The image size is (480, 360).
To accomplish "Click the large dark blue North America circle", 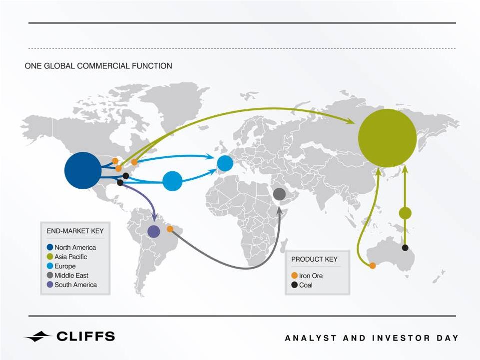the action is coord(82,170).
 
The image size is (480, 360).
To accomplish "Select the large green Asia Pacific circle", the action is coord(387,138).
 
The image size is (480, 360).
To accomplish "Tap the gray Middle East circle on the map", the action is coord(279,194).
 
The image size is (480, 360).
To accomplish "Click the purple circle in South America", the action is coord(154,232).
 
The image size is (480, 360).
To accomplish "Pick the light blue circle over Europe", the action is coord(225,163).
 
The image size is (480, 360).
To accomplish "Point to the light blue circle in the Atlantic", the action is coord(172,181).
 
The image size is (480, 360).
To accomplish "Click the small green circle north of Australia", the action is coord(405,213).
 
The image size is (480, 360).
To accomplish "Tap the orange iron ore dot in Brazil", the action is coord(170,229).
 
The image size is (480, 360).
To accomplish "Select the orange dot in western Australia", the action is coord(372,266).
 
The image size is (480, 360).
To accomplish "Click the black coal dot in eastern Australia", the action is coord(405,248).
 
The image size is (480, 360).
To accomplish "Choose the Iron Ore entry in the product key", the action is coord(307,276).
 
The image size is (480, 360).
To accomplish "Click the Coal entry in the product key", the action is coord(302,285).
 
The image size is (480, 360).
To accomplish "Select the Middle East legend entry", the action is coord(67,275).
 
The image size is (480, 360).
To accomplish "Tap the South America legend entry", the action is coord(71,285).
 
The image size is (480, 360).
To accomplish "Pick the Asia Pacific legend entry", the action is coord(67,257).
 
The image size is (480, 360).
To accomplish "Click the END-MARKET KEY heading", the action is coord(75,231).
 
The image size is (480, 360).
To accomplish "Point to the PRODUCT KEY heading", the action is coord(314,259).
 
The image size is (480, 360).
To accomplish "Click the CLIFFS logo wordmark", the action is coord(85,336).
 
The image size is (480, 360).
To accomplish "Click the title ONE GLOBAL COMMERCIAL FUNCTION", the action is coord(98,66).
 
